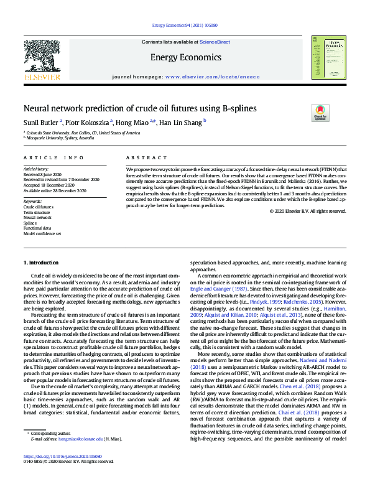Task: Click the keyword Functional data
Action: (x=37, y=228)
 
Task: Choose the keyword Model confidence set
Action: (x=42, y=233)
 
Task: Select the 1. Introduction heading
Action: (x=41, y=263)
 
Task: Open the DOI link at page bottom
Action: (x=68, y=473)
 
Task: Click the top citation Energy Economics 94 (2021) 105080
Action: (x=185, y=26)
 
